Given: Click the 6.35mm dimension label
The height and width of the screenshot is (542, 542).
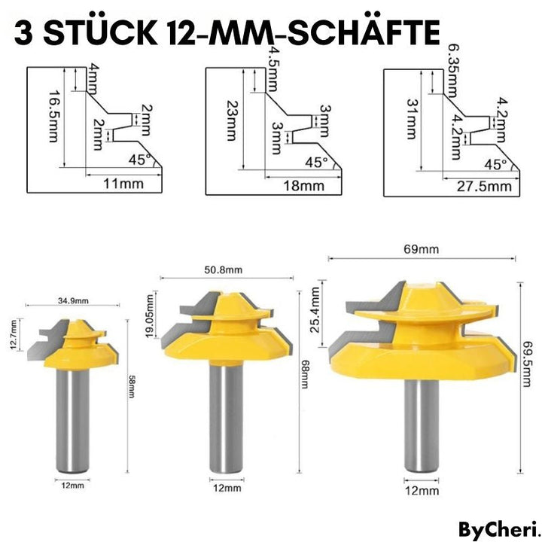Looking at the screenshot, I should [x=452, y=72].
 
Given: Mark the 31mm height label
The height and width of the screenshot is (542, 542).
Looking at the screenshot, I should [x=412, y=121].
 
